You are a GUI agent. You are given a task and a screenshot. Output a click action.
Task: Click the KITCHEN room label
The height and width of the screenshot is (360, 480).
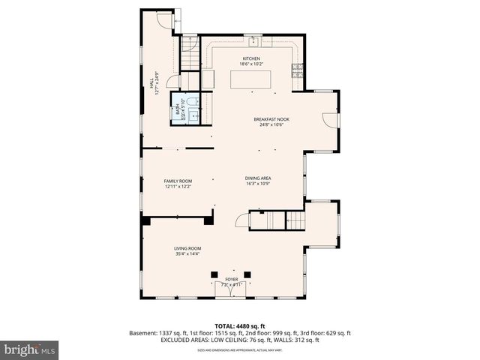pyautogui.click(x=250, y=58)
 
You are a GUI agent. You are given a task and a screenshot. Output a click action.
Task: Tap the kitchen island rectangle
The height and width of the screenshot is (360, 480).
pyautogui.click(x=250, y=79)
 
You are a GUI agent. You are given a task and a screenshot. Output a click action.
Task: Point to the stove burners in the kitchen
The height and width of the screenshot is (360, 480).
pyautogui.click(x=298, y=70)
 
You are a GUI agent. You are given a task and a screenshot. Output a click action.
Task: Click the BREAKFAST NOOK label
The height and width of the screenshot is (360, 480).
pyautogui.click(x=271, y=119)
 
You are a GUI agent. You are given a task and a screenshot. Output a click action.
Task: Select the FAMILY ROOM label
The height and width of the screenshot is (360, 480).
pyautogui.click(x=178, y=181)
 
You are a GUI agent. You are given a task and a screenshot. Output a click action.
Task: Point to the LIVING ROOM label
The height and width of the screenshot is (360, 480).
pyautogui.click(x=187, y=248)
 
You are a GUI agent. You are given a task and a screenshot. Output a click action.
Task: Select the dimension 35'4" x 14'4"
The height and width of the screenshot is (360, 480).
pyautogui.click(x=187, y=254)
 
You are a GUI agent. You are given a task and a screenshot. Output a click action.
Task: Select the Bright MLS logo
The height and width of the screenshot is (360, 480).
pyautogui.click(x=30, y=349)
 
